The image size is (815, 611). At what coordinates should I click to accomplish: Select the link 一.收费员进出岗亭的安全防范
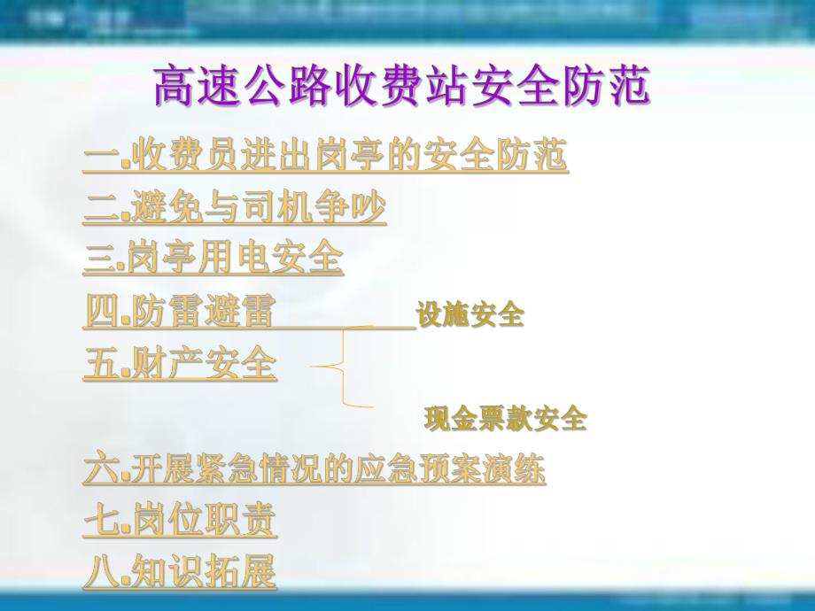click(x=325, y=158)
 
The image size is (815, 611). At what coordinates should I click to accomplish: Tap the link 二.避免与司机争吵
click(x=235, y=208)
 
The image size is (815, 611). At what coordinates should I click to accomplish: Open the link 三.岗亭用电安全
click(x=213, y=258)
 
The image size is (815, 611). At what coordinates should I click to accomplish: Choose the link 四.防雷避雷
click(x=180, y=312)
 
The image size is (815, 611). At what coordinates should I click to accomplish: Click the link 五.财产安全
click(x=180, y=364)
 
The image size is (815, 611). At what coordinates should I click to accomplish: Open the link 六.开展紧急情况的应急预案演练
click(x=314, y=469)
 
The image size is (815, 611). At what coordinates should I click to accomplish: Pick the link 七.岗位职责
click(x=180, y=521)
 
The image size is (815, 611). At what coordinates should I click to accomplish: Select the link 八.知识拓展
click(x=180, y=571)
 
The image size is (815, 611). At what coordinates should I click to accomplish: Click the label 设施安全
click(x=470, y=314)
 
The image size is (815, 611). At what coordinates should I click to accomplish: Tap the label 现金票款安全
click(x=505, y=418)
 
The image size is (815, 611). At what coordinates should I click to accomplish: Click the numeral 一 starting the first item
click(x=99, y=158)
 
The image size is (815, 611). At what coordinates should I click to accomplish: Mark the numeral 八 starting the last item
click(x=99, y=571)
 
